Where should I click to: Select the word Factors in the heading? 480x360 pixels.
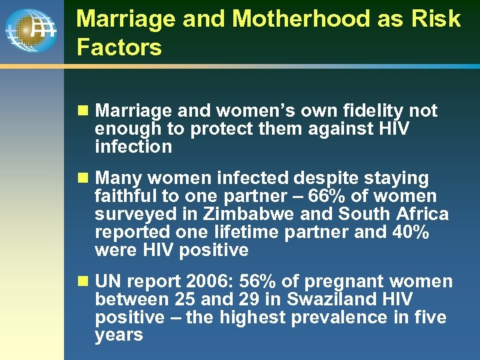click(119, 47)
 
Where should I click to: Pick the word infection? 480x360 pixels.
click(133, 147)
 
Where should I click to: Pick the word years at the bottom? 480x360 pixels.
click(119, 335)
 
